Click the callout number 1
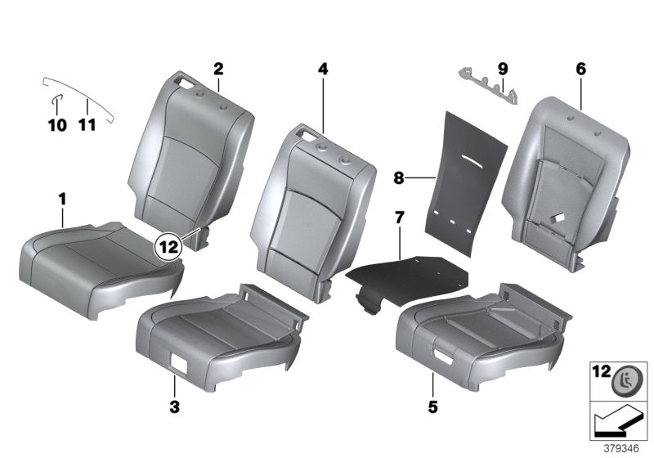point(62,199)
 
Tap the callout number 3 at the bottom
point(174,406)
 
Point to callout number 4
point(323,71)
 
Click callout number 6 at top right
point(581,70)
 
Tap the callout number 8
point(399,176)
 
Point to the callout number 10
point(56,125)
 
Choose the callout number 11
point(87,125)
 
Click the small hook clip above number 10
point(56,102)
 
